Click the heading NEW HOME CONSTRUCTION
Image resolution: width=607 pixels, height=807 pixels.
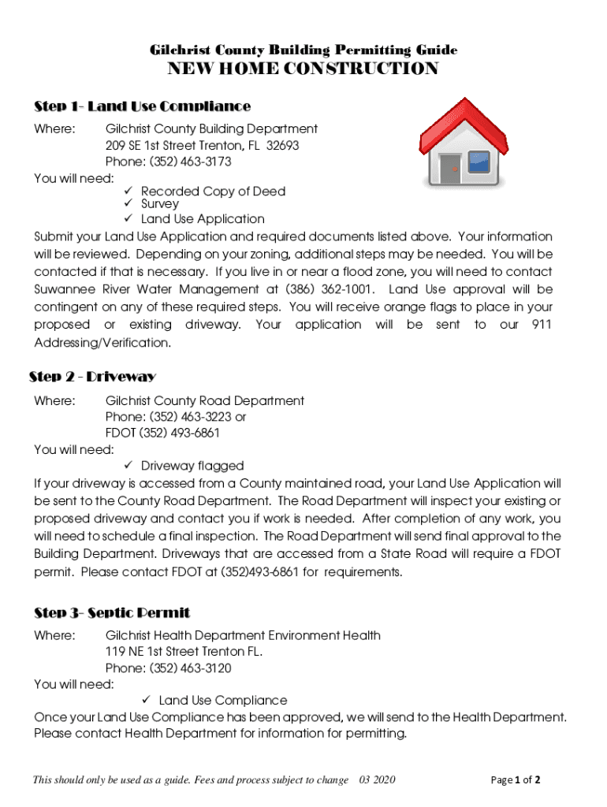point(303,69)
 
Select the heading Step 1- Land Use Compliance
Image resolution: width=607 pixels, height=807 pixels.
point(142,106)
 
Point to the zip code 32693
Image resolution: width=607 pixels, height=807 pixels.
point(282,146)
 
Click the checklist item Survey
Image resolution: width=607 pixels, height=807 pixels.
point(160,204)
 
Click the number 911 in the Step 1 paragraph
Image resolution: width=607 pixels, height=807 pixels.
point(542,325)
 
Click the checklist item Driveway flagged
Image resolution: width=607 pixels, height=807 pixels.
point(192,466)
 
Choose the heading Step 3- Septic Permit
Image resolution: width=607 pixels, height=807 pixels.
point(112,612)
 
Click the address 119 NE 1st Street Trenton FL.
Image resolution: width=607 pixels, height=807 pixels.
point(184,652)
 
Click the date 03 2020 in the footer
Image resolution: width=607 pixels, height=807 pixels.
point(377,780)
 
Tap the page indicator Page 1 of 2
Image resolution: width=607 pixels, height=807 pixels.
point(516,780)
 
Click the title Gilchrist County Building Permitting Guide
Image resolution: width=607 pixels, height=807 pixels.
point(303,50)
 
